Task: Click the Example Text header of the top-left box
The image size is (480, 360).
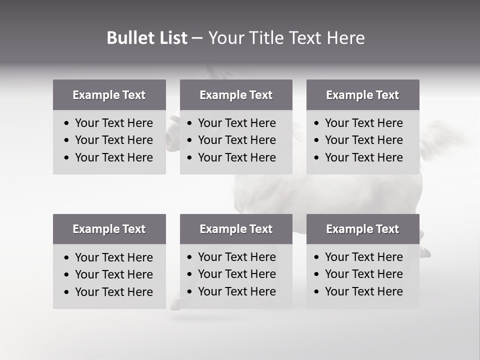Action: pyautogui.click(x=109, y=95)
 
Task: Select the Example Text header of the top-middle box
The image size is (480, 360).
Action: pyautogui.click(x=236, y=95)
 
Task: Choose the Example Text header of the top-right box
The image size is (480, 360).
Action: pyautogui.click(x=362, y=95)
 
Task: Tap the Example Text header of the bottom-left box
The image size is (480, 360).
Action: pyautogui.click(x=109, y=229)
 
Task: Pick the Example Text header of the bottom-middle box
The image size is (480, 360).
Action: pyautogui.click(x=236, y=229)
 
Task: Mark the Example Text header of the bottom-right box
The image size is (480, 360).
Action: pyautogui.click(x=362, y=229)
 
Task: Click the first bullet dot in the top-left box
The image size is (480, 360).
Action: pyautogui.click(x=67, y=123)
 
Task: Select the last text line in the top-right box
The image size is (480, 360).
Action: pyautogui.click(x=363, y=157)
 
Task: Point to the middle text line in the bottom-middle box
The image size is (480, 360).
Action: pyautogui.click(x=236, y=274)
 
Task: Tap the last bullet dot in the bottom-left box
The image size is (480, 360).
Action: pyautogui.click(x=67, y=292)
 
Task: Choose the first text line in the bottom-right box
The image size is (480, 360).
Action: pyautogui.click(x=363, y=257)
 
